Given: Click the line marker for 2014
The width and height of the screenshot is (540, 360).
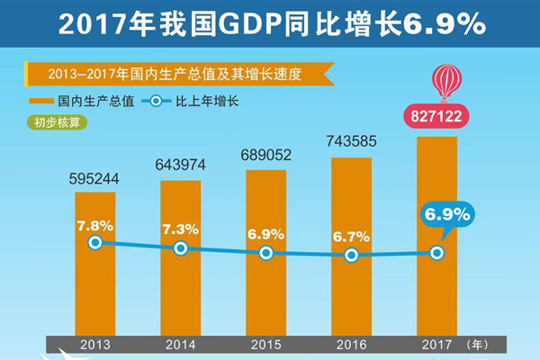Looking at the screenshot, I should pos(180,248).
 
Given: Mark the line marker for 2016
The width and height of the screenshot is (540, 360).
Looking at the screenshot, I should pos(351,256).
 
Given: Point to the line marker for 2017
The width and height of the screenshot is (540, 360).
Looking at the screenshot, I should pos(436,253).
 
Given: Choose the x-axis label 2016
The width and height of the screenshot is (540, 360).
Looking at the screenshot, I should pos(351,345).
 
